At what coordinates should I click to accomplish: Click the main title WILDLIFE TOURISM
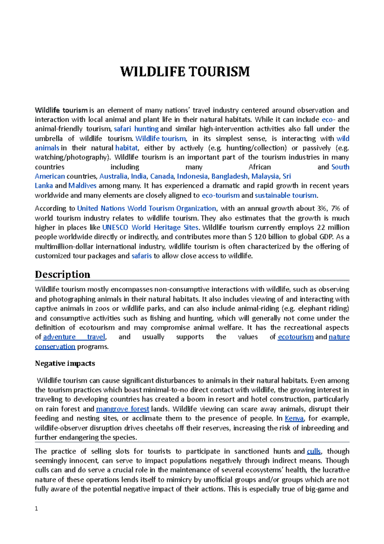(x=185, y=71)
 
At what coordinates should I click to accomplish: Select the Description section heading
(x=62, y=274)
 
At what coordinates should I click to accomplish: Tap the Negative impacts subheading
(x=65, y=363)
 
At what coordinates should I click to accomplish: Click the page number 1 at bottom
(x=36, y=508)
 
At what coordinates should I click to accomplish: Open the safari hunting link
(x=136, y=129)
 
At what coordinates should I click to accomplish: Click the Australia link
(x=113, y=176)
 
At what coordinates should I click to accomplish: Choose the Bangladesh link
(x=229, y=176)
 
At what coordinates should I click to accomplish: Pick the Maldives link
(x=82, y=186)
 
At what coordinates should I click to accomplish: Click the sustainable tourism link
(x=286, y=195)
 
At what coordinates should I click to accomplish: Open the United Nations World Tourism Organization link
(x=147, y=208)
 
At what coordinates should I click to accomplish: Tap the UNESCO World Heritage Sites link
(x=150, y=227)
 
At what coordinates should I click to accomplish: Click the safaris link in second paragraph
(x=141, y=256)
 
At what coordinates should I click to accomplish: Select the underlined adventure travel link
(x=74, y=337)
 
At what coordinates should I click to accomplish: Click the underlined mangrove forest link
(x=123, y=409)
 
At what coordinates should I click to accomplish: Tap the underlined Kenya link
(x=294, y=418)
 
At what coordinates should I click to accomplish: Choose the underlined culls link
(x=314, y=451)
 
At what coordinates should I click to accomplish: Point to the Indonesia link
(x=192, y=176)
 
